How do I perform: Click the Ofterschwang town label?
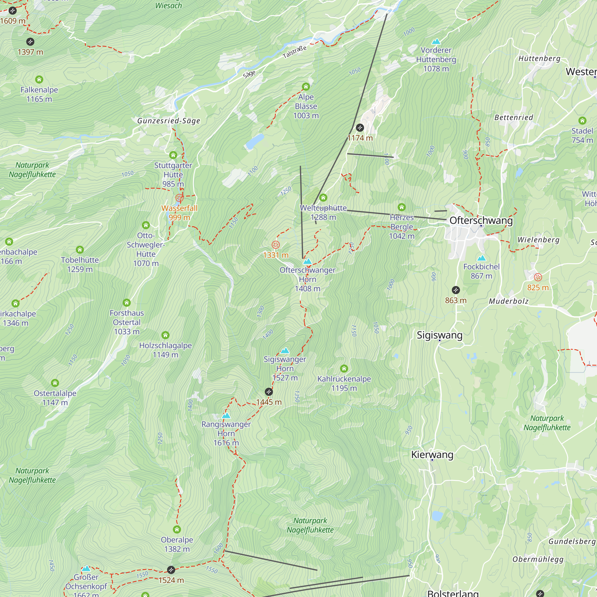[x=481, y=221]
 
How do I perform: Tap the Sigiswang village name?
[x=439, y=335]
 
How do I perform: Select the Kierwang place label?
[x=432, y=455]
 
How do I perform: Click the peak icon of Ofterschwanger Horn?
[x=307, y=261]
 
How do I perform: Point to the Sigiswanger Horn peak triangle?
[x=285, y=350]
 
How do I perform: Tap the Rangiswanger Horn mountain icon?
[x=226, y=416]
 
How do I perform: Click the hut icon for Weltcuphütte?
[x=323, y=197]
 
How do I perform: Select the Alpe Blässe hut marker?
[x=306, y=87]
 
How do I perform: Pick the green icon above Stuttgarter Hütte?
[x=173, y=155]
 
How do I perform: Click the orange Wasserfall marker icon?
[x=179, y=198]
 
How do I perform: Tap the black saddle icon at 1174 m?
[x=360, y=128]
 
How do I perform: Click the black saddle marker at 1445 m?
[x=269, y=392]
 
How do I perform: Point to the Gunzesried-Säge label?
[x=169, y=121]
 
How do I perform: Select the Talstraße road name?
[x=295, y=52]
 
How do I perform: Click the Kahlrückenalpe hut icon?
[x=344, y=368]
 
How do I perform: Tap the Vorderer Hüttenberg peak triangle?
[x=436, y=41]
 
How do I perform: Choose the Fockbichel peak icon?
[x=481, y=258]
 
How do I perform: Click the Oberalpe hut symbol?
[x=177, y=530]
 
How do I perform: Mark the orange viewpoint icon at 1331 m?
[x=276, y=245]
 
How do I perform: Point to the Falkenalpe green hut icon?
[x=39, y=80]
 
